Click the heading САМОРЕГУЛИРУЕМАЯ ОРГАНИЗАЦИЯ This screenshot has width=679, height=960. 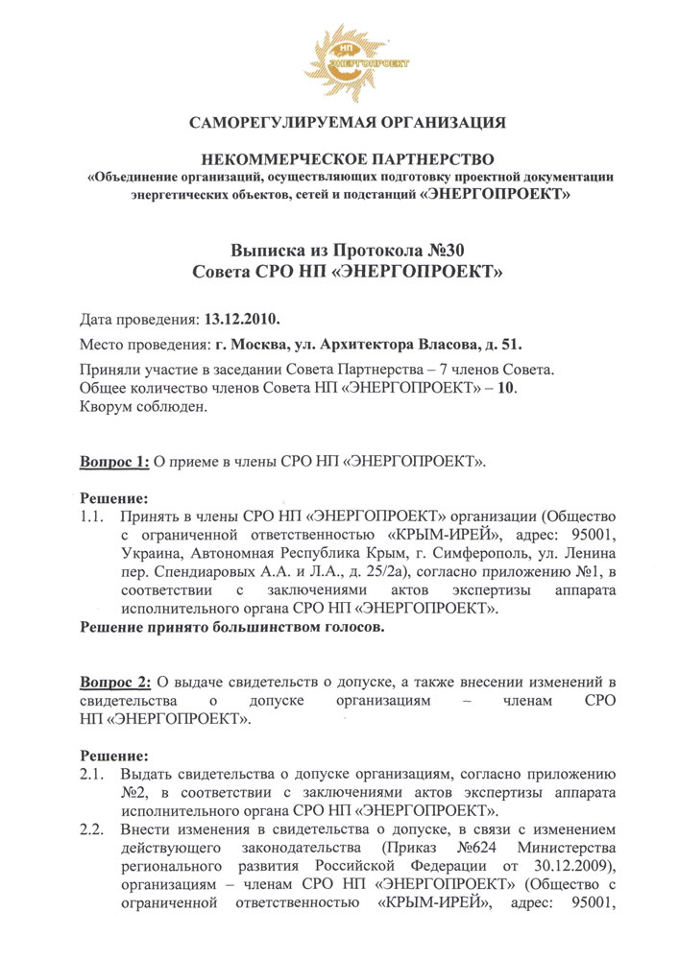(x=347, y=123)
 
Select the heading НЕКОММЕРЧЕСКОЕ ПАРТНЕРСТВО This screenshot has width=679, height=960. (x=348, y=156)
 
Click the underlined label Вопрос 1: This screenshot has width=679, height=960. (x=114, y=462)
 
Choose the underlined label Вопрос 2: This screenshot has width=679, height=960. (x=114, y=683)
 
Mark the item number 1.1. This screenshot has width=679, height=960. (x=91, y=517)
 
